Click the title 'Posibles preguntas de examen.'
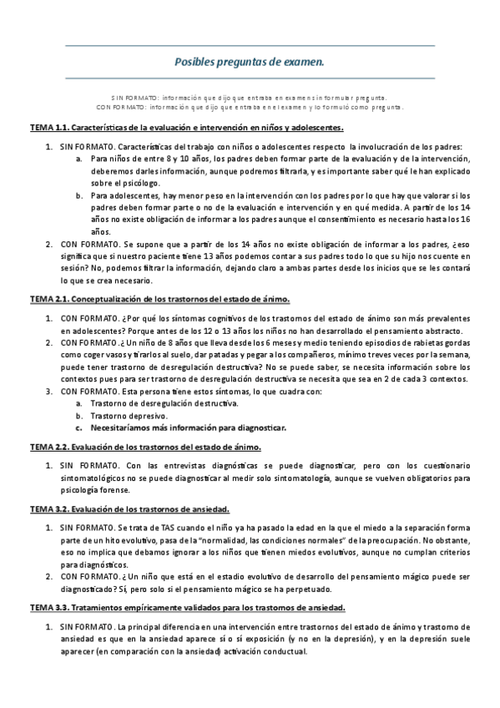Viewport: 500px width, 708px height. (249, 62)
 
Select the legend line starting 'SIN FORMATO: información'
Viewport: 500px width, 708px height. (249, 98)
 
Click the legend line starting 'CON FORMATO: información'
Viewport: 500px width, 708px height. (249, 107)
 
